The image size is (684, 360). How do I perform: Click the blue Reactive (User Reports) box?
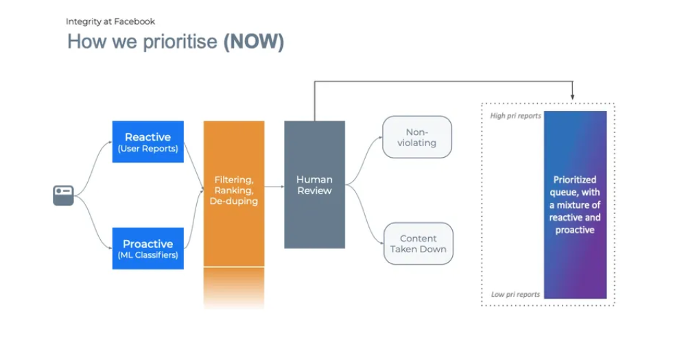pyautogui.click(x=148, y=142)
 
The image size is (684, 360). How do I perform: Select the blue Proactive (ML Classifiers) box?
pyautogui.click(x=148, y=248)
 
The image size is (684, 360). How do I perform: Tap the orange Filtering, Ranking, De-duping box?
pyautogui.click(x=234, y=193)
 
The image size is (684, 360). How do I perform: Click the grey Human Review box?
pyautogui.click(x=314, y=184)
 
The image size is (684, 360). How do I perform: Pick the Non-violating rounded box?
pyautogui.click(x=417, y=137)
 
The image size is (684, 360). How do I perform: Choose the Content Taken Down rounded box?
pyautogui.click(x=418, y=243)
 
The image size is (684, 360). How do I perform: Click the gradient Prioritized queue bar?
pyautogui.click(x=576, y=205)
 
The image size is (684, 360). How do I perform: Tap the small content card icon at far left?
pyautogui.click(x=63, y=195)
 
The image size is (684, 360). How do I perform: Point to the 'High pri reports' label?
pyautogui.click(x=515, y=115)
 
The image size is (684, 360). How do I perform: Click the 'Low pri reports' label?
pyautogui.click(x=515, y=294)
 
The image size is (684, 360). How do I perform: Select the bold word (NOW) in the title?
pyautogui.click(x=253, y=42)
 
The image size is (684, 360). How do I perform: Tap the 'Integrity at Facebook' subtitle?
pyautogui.click(x=110, y=21)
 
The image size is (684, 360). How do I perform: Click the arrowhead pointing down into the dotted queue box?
pyautogui.click(x=572, y=97)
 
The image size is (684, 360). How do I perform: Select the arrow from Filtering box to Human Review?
pyautogui.click(x=274, y=187)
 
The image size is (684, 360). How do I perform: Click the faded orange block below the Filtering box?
pyautogui.click(x=234, y=288)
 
